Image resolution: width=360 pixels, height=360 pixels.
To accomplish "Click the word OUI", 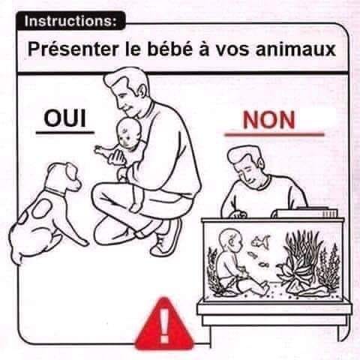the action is tap(65, 118).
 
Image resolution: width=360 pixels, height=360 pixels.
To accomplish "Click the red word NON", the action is tap(268, 120).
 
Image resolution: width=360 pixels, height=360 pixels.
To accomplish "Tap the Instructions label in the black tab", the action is tap(70, 21).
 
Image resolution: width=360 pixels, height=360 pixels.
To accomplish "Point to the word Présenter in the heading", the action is tap(73, 49).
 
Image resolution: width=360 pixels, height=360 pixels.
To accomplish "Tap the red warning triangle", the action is tap(164, 323).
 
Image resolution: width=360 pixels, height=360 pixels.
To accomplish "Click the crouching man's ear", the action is tap(142, 91).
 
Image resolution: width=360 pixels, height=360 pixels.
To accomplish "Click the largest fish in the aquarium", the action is tap(260, 241).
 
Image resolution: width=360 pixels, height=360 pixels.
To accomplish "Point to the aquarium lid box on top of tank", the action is tap(304, 213).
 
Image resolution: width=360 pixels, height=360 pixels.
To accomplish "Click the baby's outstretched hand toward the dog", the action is tap(100, 151).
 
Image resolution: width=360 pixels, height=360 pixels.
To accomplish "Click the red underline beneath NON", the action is tap(274, 135).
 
